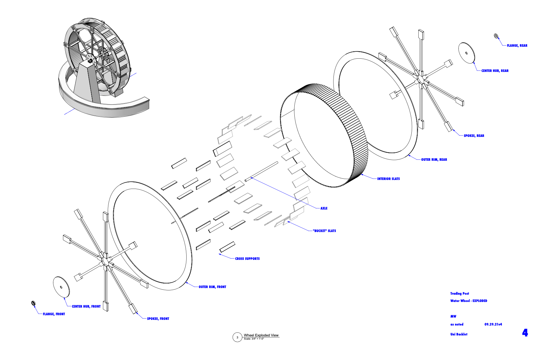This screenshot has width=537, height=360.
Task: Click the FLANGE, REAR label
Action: tap(517, 46)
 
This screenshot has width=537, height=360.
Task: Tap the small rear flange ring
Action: tap(496, 36)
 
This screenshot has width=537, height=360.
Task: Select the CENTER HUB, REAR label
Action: tap(495, 71)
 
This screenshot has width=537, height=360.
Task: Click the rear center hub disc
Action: tap(467, 53)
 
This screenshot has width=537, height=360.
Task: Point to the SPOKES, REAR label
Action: tap(474, 136)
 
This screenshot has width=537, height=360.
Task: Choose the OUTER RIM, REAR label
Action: tap(434, 160)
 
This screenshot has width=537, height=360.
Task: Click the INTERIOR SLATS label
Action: tap(388, 179)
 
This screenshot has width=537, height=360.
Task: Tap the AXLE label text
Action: tap(324, 209)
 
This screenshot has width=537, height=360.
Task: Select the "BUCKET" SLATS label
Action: tap(324, 231)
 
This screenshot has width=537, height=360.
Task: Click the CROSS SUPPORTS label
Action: tap(247, 259)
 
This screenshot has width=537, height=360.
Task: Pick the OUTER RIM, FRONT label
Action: tap(212, 287)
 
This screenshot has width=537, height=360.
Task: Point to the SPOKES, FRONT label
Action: tap(158, 319)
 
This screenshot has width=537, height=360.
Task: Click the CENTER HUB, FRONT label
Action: tap(86, 307)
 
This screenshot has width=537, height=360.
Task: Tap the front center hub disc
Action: tap(61, 287)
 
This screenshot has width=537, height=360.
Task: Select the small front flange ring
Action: tap(33, 303)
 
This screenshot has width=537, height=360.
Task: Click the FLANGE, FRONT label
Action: tap(54, 314)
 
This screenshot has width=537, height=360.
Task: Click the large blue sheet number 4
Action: tap(525, 332)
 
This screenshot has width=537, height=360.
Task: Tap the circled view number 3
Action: tap(237, 337)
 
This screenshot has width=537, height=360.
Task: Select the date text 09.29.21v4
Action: tap(493, 325)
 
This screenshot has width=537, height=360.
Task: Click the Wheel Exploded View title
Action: tap(261, 335)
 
